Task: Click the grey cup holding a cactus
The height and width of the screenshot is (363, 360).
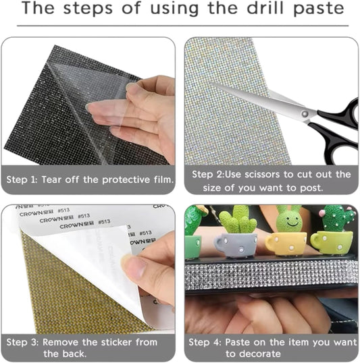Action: [234, 244]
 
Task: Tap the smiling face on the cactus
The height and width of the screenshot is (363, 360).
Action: [289, 220]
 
